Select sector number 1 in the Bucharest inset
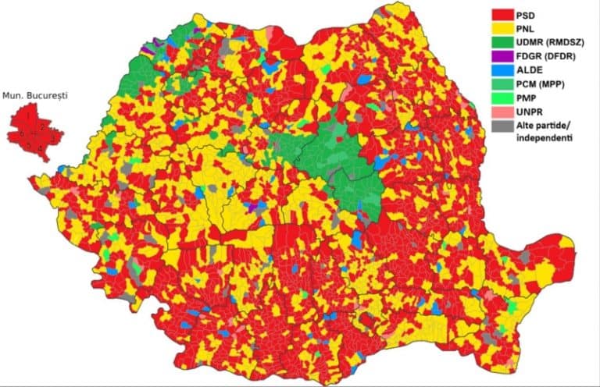click(28, 116)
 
